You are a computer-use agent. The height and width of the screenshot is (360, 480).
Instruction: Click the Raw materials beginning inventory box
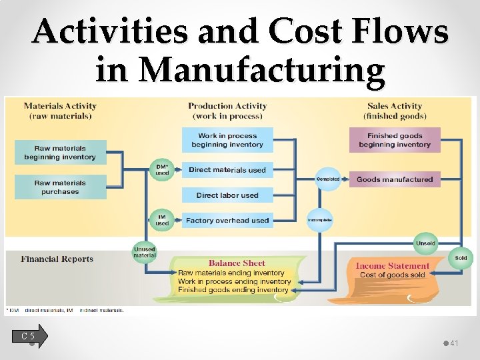(60, 153)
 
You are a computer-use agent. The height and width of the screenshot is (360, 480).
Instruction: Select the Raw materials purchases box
(60, 187)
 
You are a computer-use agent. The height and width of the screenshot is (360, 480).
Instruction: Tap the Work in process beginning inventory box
(227, 140)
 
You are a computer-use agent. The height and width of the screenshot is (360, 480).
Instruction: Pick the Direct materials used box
(227, 170)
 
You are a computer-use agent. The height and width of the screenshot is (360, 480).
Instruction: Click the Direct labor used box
(227, 195)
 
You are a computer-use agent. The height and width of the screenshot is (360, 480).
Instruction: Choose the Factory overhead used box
(227, 220)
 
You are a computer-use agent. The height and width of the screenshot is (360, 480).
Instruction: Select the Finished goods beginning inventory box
(395, 140)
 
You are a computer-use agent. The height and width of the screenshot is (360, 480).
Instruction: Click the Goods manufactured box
(395, 179)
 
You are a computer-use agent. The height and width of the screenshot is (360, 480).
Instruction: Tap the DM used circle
(162, 169)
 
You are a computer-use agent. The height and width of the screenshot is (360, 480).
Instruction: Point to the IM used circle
(162, 220)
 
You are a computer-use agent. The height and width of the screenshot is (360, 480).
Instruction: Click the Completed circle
(327, 179)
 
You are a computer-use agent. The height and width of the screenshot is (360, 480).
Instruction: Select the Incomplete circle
(319, 219)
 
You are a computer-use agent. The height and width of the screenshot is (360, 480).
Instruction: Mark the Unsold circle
(425, 243)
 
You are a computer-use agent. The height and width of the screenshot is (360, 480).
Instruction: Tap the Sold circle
(461, 258)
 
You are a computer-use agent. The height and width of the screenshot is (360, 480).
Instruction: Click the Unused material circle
(145, 252)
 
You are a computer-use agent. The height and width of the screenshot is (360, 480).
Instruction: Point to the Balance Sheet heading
(237, 263)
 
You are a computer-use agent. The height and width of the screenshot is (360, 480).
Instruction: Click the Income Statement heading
(393, 266)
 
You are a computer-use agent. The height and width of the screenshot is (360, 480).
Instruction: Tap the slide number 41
(455, 343)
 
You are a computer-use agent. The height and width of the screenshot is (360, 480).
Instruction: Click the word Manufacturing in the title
(240, 70)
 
